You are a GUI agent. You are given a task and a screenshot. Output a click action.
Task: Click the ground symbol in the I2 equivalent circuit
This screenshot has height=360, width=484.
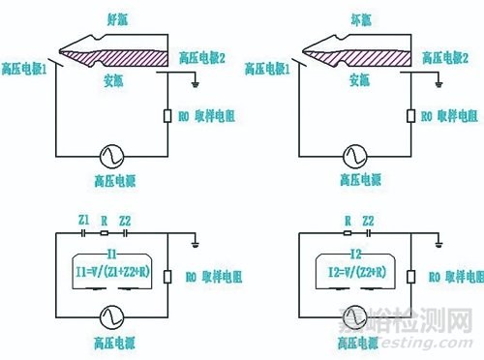pyautogui.click(x=439, y=242)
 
